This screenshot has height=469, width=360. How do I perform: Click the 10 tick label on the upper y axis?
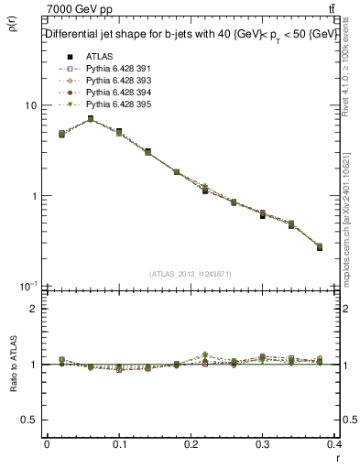tap(30, 105)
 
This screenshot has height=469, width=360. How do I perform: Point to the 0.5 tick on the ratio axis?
tap(28, 420)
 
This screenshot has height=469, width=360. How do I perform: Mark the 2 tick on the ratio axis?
tap(33, 309)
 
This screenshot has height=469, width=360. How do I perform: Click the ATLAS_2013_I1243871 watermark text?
tap(190, 274)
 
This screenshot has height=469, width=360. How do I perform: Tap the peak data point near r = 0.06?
tap(90, 119)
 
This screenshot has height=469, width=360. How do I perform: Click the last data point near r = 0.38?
tap(319, 246)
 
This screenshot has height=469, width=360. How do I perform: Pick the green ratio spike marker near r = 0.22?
tap(205, 354)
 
